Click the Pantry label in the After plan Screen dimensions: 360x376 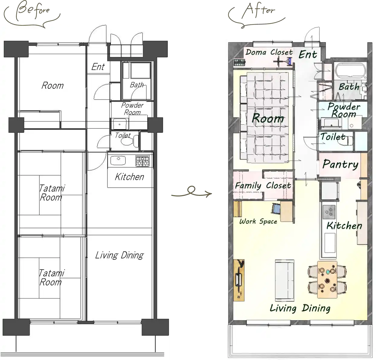pos(340,164)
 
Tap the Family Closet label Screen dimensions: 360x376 pos(263,185)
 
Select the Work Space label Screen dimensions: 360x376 pos(258,221)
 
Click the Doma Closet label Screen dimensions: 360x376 pos(269,52)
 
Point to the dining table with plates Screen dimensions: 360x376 pos(327,279)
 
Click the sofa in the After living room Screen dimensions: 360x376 pos(284,280)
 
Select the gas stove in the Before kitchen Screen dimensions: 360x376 pos(142,161)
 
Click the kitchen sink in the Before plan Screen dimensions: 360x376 pos(118,160)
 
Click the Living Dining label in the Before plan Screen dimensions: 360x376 pos(119,255)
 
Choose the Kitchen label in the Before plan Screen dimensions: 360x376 pos(129,177)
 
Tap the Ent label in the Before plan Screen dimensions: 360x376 pos(98,67)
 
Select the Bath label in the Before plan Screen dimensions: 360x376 pos(137,85)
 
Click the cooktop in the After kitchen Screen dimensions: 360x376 pos(329,212)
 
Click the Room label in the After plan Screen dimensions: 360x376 pos(268,118)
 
